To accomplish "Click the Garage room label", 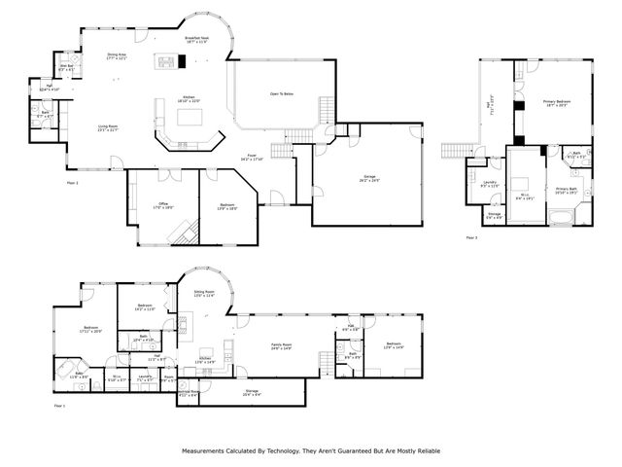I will [368, 176].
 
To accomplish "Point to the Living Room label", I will [107, 127].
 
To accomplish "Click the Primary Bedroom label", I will [556, 103].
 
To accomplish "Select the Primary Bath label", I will [566, 190].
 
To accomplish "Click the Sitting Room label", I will [204, 292].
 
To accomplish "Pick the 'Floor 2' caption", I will [72, 182].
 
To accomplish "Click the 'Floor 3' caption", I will [471, 237].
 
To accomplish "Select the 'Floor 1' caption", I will [58, 405].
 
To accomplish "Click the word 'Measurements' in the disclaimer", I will [205, 451].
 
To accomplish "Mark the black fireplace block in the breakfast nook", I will [182, 61].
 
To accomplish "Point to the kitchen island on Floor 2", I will [190, 117].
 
